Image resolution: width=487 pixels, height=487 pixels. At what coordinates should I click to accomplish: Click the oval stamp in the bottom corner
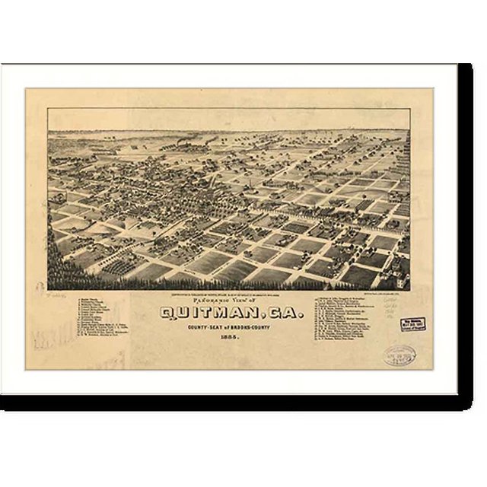[399, 354]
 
